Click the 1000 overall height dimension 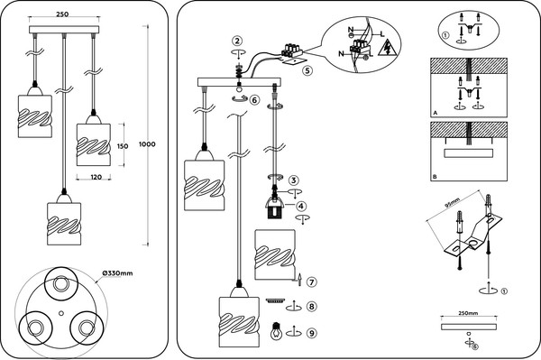tap(147, 144)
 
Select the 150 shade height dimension tap(123, 146)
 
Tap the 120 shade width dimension tap(96, 177)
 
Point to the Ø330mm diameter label tap(117, 273)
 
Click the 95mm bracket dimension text tap(452, 203)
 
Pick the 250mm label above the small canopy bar tap(468, 313)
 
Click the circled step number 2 tap(237, 42)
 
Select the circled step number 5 tap(307, 70)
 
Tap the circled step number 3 tap(294, 180)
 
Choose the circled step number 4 tap(301, 206)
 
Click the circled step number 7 tap(312, 282)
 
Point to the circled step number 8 tap(312, 307)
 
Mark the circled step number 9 tap(312, 333)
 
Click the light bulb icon tap(276, 331)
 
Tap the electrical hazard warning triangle tap(387, 48)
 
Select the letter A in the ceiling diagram tap(436, 113)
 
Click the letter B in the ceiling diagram tap(435, 177)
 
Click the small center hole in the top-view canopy tap(61, 313)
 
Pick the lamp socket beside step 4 tap(275, 208)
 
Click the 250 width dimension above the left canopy tap(62, 14)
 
